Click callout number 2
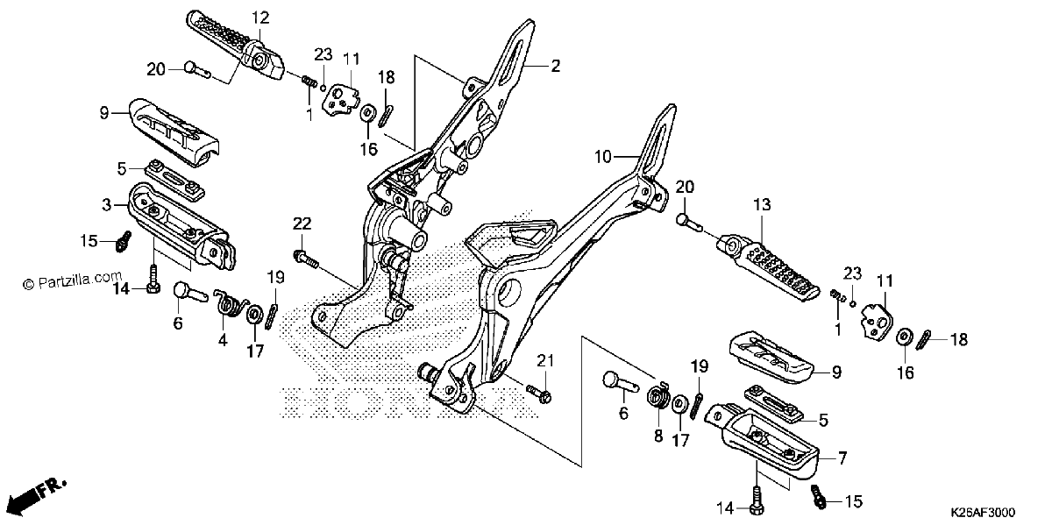pyautogui.click(x=555, y=67)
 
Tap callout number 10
pyautogui.click(x=603, y=156)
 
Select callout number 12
pyautogui.click(x=260, y=18)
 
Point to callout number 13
pyautogui.click(x=762, y=205)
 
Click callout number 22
pyautogui.click(x=302, y=223)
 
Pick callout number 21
pyautogui.click(x=545, y=360)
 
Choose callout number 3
pyautogui.click(x=107, y=205)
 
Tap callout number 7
pyautogui.click(x=842, y=458)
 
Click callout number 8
pyautogui.click(x=658, y=436)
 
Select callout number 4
pyautogui.click(x=223, y=339)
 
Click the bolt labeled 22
pyautogui.click(x=306, y=259)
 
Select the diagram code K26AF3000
pyautogui.click(x=983, y=512)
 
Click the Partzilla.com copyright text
pyautogui.click(x=73, y=280)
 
